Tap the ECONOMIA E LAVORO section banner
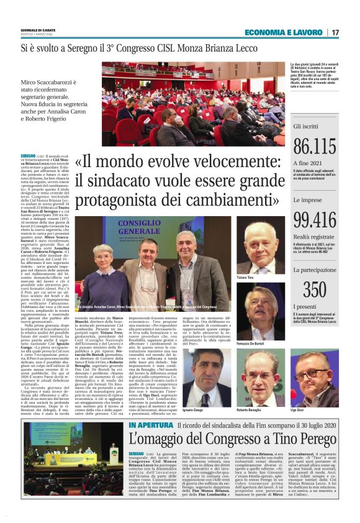[283, 32]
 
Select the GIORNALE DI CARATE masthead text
[37, 29]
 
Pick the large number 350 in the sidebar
[314, 289]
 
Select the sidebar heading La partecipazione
[317, 270]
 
